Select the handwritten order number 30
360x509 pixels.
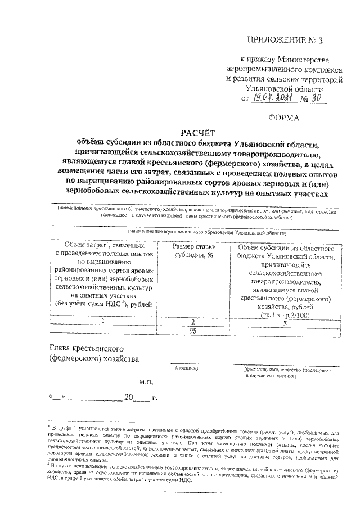pyautogui.click(x=322, y=99)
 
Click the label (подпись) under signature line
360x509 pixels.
pyautogui.click(x=187, y=369)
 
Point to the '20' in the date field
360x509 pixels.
pyautogui.click(x=129, y=398)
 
